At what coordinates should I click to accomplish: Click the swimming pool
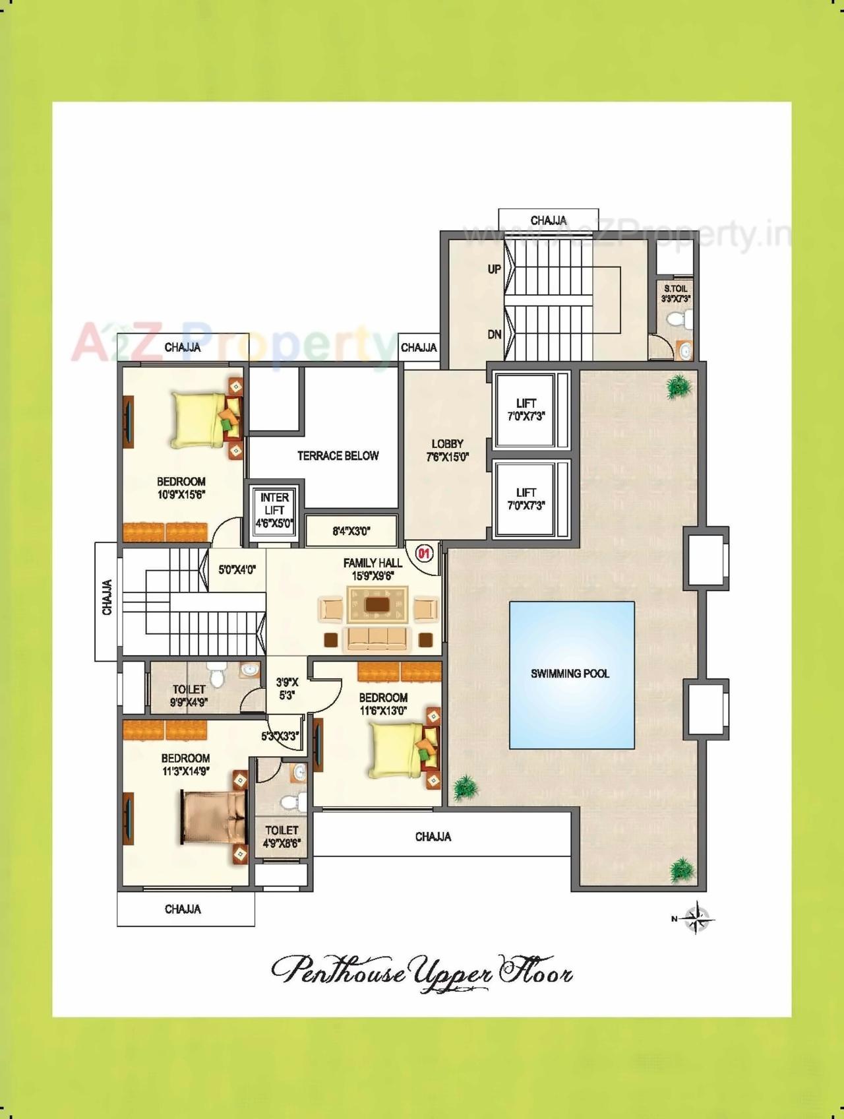coord(572,674)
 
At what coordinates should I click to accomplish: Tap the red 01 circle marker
coord(424,553)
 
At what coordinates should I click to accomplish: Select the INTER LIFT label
coord(274,504)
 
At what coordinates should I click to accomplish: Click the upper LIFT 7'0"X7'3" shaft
coord(526,410)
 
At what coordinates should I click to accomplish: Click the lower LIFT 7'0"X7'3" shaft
coord(526,499)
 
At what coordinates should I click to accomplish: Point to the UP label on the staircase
coord(494,269)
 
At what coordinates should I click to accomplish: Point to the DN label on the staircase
coord(494,335)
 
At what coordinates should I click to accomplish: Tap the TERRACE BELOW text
coord(338,456)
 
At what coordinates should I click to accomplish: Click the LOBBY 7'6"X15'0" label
coord(448,450)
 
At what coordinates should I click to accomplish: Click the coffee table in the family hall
coord(377,605)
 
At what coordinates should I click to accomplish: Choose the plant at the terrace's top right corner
coord(678,387)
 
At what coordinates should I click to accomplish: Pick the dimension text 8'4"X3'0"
coord(351,530)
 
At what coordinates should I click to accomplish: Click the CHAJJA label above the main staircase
coord(549,220)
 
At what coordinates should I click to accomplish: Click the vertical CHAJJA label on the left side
coord(107,598)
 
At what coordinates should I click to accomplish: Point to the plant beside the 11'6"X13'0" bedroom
coord(466,788)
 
